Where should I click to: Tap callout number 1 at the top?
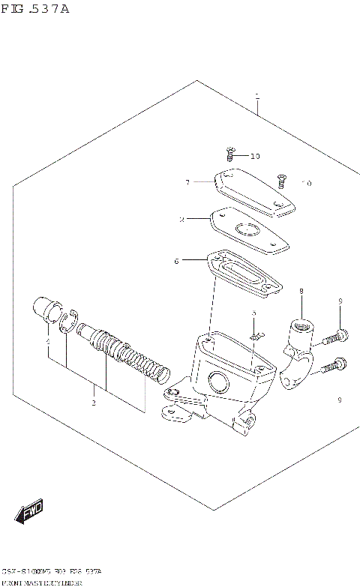coord(256,97)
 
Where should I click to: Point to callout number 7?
coord(188,181)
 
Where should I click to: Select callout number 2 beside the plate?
coord(181,220)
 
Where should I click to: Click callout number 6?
coord(176,261)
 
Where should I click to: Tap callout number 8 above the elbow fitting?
coord(301,291)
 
